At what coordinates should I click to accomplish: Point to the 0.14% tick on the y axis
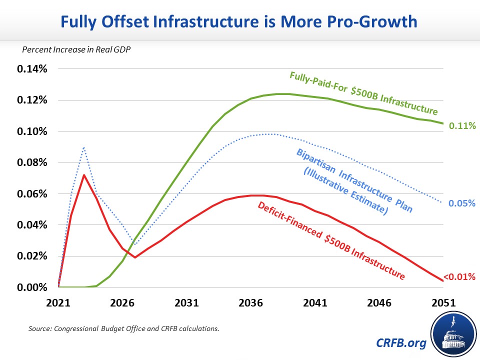click(32, 69)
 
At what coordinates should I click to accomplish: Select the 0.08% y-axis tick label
click(32, 162)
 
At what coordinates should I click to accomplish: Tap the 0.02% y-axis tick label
click(32, 256)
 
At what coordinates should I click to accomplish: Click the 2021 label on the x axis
click(58, 303)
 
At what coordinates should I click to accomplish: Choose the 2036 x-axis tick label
click(251, 303)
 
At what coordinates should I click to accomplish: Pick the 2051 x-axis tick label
click(443, 303)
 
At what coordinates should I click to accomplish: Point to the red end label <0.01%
click(458, 276)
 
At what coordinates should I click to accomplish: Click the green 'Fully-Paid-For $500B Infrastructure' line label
click(363, 93)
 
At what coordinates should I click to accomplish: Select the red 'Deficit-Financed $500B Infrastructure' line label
click(330, 239)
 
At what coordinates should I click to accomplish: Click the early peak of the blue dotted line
click(84, 147)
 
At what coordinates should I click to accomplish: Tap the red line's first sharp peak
click(84, 175)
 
